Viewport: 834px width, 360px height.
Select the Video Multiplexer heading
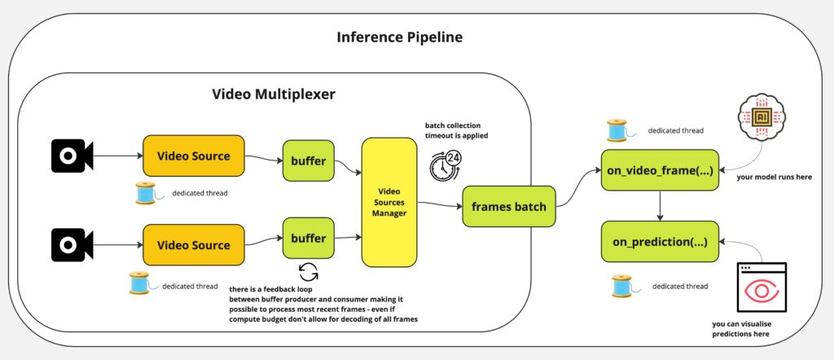click(274, 94)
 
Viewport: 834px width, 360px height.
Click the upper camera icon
click(72, 155)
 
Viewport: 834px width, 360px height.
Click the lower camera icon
click(72, 244)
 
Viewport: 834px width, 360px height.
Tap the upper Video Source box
click(193, 156)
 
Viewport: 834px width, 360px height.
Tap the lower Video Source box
click(193, 245)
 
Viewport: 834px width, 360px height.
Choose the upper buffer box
click(308, 160)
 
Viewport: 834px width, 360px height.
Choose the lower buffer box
click(308, 239)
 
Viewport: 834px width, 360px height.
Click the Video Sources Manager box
click(388, 201)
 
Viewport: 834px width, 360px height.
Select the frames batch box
click(504, 207)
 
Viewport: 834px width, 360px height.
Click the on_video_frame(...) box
click(660, 170)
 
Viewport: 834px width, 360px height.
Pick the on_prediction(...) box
click(660, 242)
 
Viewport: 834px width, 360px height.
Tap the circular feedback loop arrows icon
click(308, 271)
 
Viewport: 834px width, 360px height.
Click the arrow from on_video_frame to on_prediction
click(659, 206)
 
